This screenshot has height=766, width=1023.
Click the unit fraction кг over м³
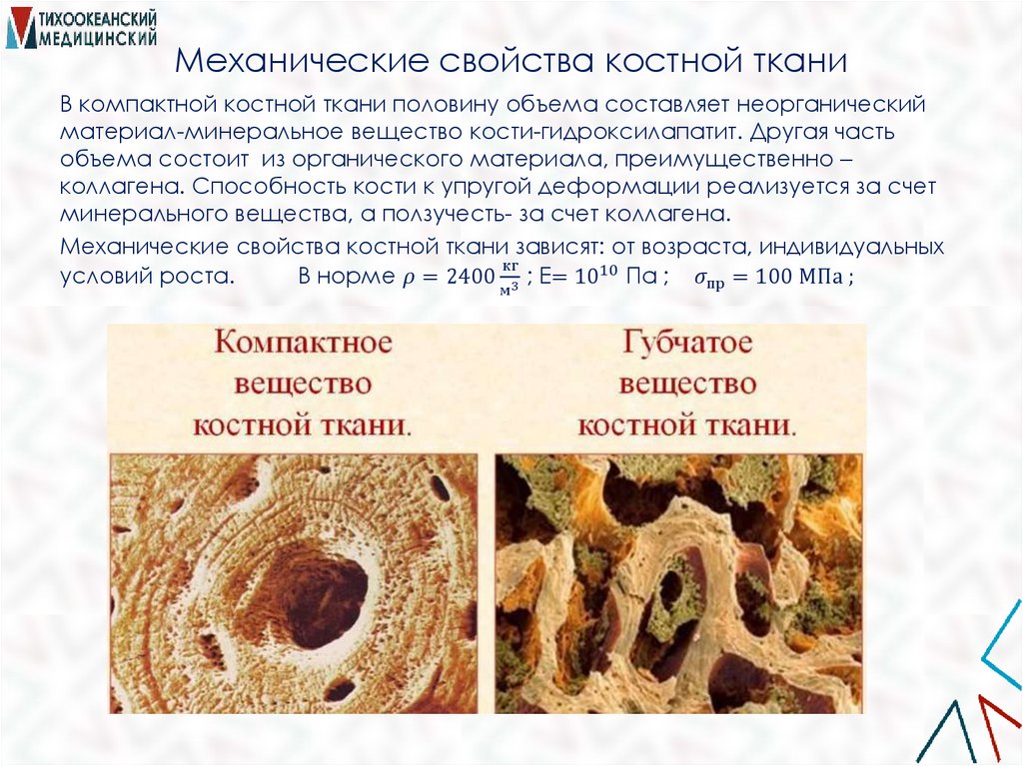[x=511, y=279]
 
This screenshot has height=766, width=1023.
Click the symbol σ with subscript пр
[x=708, y=280]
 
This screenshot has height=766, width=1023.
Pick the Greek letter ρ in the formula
[x=407, y=279]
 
